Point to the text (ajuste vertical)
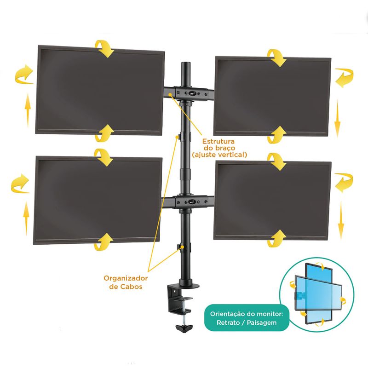[x=219, y=155]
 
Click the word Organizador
[x=126, y=278]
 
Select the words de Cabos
[x=126, y=287]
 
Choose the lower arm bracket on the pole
[x=189, y=201]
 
